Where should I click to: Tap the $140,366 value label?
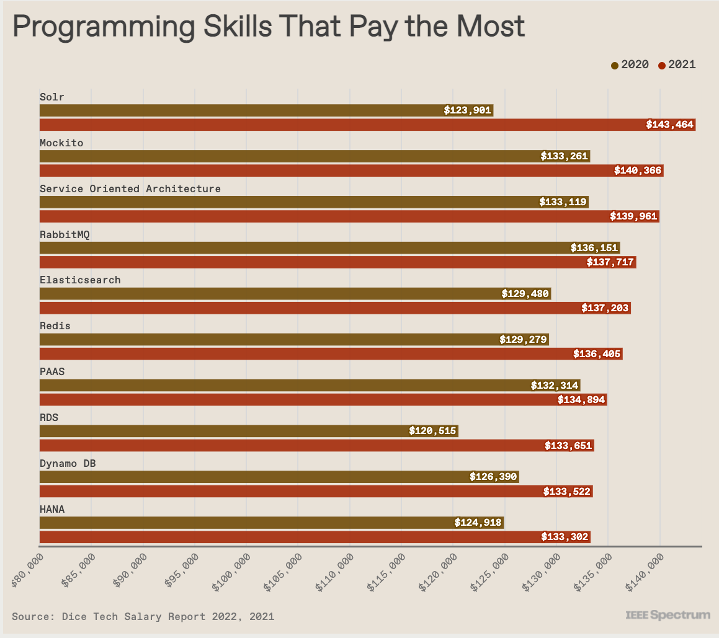pyautogui.click(x=638, y=171)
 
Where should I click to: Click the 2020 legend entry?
pyautogui.click(x=630, y=64)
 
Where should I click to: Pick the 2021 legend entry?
pyautogui.click(x=677, y=64)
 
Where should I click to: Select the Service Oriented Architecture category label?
pyautogui.click(x=130, y=188)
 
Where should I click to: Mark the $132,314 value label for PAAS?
pyautogui.click(x=555, y=386)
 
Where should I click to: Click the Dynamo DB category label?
pyautogui.click(x=68, y=464)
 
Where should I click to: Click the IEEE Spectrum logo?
pyautogui.click(x=668, y=615)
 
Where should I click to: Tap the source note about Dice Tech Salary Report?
pyautogui.click(x=143, y=616)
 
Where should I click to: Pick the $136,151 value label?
pyautogui.click(x=594, y=248)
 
